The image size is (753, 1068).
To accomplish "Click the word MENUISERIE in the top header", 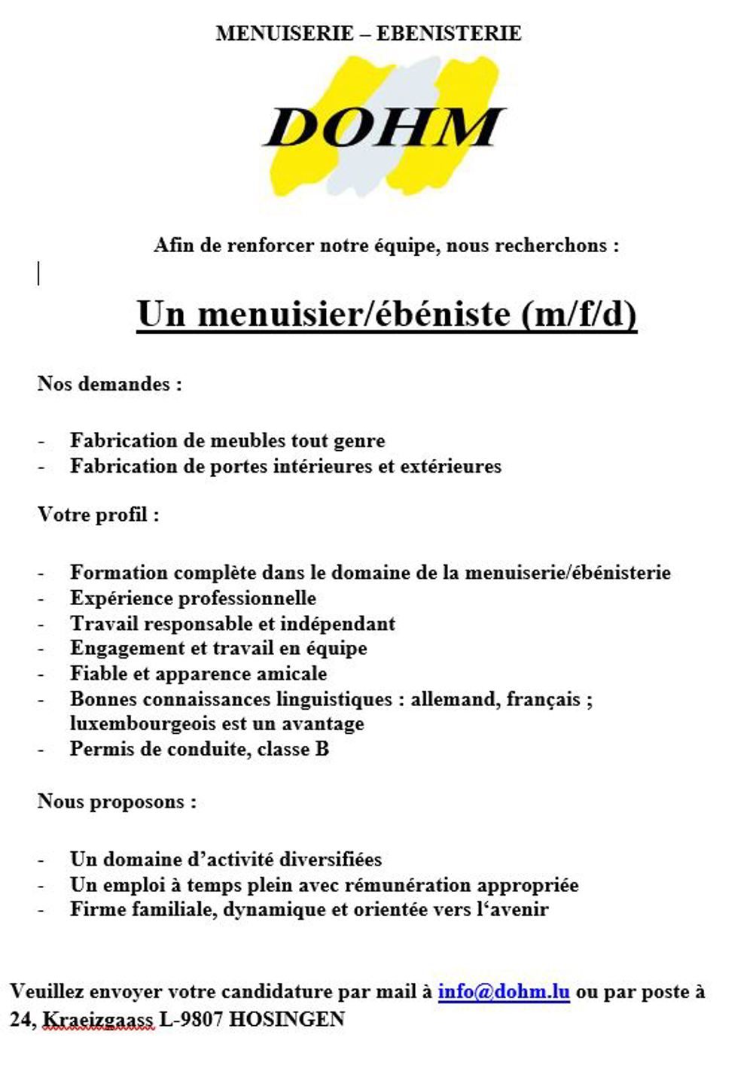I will pos(285,33).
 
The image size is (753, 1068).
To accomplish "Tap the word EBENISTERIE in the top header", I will pos(449,33).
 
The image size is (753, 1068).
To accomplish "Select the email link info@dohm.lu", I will pos(503,991).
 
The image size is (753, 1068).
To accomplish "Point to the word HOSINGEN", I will pos(287,1020).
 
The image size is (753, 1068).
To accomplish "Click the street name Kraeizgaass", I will pos(97,1020).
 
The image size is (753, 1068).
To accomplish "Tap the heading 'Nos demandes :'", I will pos(110,384).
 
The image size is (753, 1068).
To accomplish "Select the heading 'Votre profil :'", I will pos(99,515).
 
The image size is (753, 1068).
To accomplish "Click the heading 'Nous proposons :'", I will pos(117,802).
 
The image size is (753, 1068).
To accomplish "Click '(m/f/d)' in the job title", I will pos(578,314).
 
